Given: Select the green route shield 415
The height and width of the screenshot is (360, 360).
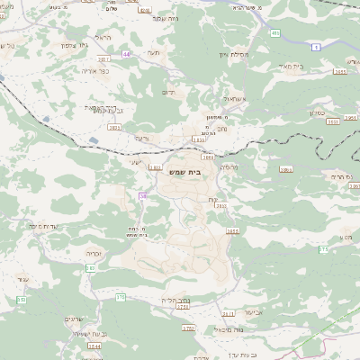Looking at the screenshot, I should (275, 32).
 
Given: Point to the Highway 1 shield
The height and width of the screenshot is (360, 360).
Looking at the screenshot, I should (315, 46).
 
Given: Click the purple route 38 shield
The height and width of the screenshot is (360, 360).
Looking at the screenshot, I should (142, 195).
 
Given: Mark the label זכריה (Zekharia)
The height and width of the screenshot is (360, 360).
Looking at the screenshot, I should (93, 255).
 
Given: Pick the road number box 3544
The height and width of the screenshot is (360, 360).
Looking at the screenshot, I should (94, 345).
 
